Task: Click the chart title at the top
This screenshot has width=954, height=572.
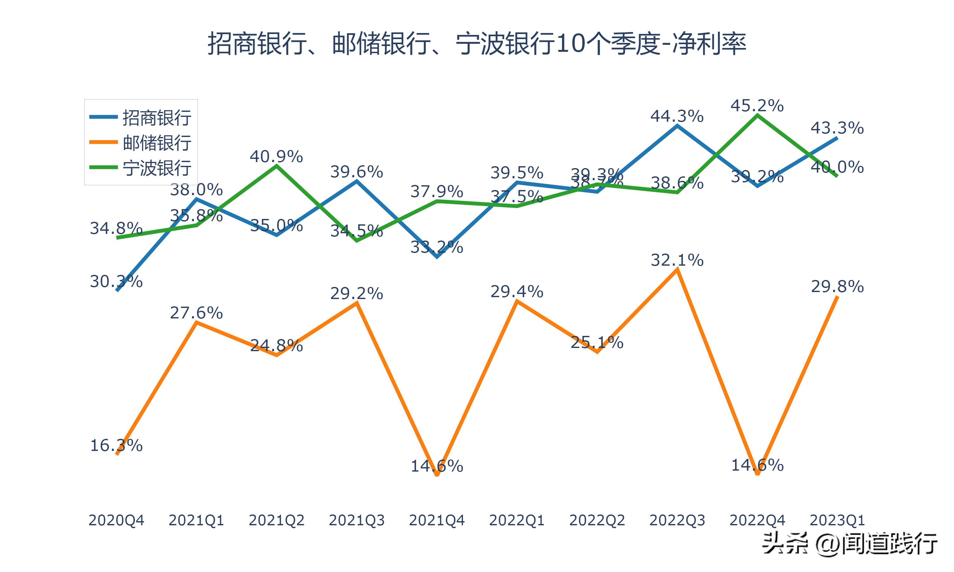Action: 477,44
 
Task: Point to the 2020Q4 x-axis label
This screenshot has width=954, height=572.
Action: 116,520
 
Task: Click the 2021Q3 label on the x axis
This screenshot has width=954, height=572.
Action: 357,520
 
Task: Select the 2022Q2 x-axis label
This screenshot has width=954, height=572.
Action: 597,520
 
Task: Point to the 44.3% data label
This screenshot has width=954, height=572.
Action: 677,116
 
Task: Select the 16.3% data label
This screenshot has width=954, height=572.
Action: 116,446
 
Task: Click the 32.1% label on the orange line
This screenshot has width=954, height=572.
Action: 677,260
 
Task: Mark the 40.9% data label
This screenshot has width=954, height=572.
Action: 276,156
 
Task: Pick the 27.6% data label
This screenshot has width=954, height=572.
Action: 196,313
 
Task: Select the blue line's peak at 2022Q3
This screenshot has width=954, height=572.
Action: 677,126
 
